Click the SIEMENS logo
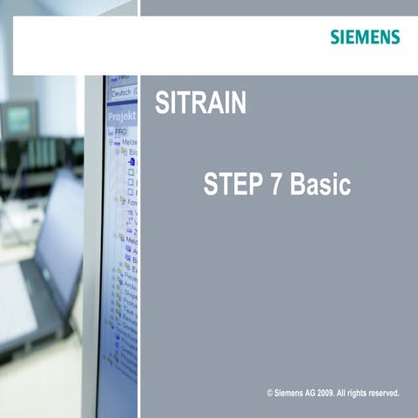click(x=365, y=37)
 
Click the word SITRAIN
click(x=200, y=104)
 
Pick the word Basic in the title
click(x=320, y=185)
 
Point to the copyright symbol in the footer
click(x=271, y=394)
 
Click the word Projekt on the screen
click(x=121, y=116)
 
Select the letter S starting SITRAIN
click(x=161, y=104)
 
